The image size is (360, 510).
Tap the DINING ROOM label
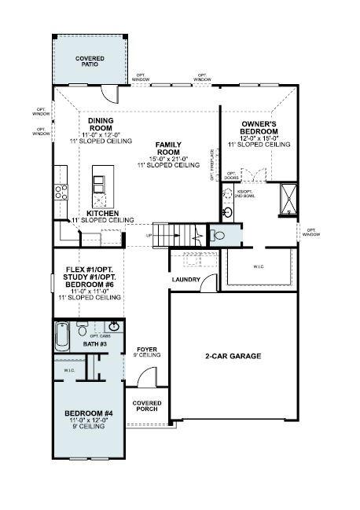pyautogui.click(x=101, y=123)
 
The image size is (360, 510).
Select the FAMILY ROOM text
pyautogui.click(x=168, y=149)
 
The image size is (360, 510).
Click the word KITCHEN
pyautogui.click(x=102, y=213)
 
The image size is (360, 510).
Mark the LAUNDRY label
pyautogui.click(x=186, y=279)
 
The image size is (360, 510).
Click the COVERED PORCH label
pyautogui.click(x=147, y=406)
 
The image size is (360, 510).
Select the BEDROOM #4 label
pyautogui.click(x=88, y=413)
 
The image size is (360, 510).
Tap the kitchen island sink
pyautogui.click(x=100, y=184)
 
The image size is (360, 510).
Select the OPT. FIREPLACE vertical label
pyautogui.click(x=212, y=164)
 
